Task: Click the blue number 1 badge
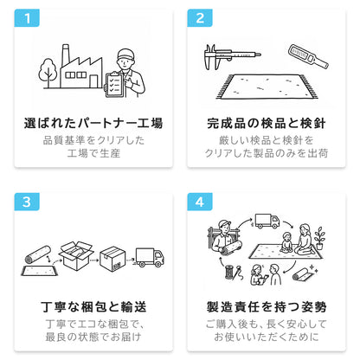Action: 27,18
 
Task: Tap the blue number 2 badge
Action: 200,18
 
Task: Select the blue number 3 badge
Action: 27,202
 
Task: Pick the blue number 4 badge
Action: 200,202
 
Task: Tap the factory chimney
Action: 66,55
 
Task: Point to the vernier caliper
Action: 229,56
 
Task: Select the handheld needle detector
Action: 308,57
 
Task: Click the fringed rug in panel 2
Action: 267,87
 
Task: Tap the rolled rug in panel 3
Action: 38,254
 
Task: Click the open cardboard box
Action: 75,255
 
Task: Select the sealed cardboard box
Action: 112,259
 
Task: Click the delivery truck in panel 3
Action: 150,257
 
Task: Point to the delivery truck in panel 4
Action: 267,222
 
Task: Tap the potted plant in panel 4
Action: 319,238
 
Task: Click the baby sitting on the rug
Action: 286,242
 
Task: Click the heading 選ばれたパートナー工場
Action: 93,123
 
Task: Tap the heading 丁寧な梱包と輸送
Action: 93,307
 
